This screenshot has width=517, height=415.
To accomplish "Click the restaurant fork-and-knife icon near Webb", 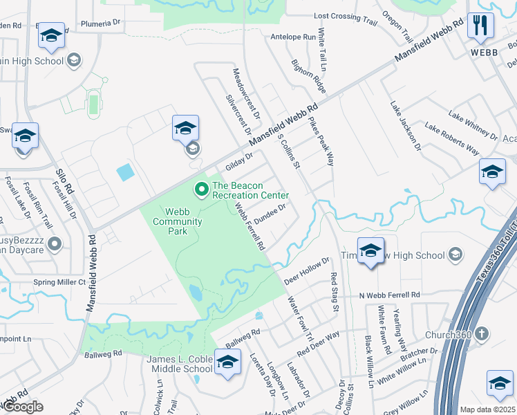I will click(x=479, y=26).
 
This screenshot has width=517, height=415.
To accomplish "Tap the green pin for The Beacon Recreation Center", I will click(x=202, y=188).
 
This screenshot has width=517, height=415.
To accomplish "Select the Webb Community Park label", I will click(x=178, y=221).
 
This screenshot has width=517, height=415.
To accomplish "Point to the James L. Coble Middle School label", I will click(x=179, y=364).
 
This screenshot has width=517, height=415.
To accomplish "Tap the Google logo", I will click(x=23, y=407).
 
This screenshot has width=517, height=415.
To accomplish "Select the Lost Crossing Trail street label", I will click(x=346, y=17).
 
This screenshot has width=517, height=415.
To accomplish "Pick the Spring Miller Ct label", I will click(x=62, y=282).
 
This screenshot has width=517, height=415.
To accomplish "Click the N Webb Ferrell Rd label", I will click(x=389, y=295).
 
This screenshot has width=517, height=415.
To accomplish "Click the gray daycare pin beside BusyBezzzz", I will click(x=55, y=243).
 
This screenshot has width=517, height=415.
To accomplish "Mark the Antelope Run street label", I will click(x=293, y=37).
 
